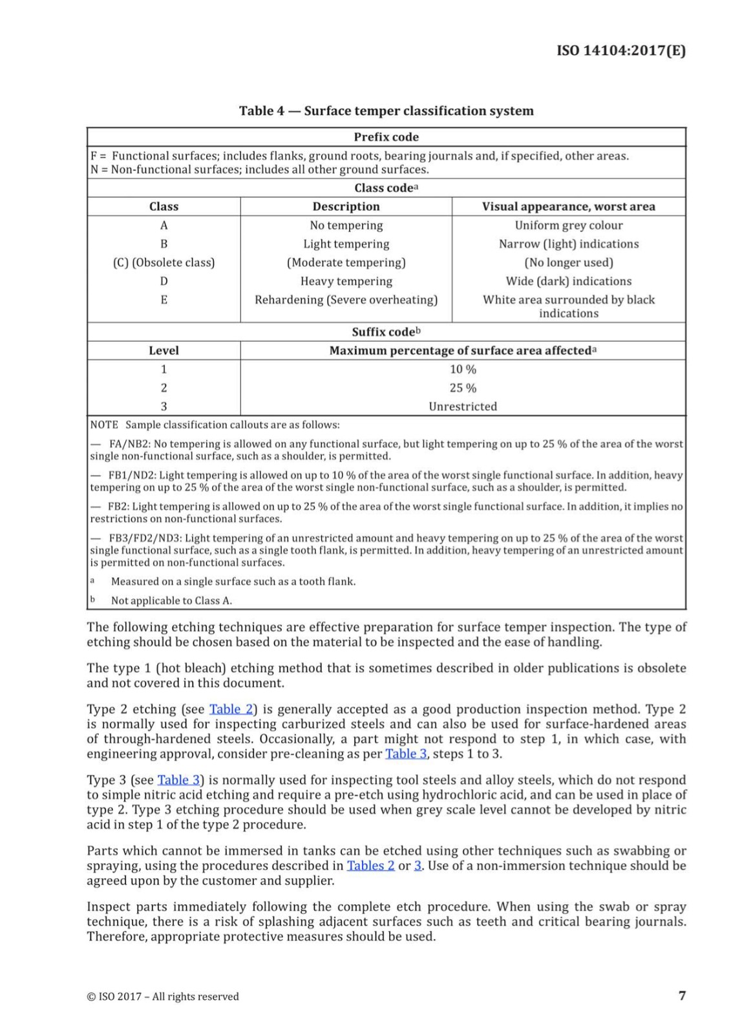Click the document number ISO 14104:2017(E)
click(620, 51)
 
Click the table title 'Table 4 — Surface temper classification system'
click(386, 111)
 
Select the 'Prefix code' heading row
click(386, 137)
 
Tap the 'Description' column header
click(346, 207)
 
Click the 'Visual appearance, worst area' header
click(568, 207)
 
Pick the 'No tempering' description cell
click(346, 226)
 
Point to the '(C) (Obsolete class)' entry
click(164, 263)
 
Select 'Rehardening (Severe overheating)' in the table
click(346, 300)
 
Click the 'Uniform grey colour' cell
click(568, 226)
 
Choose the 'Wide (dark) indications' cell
click(568, 282)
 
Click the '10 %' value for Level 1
click(463, 370)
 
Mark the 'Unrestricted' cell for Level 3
click(463, 407)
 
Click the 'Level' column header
click(164, 351)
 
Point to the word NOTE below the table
click(104, 425)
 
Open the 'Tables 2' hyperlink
click(370, 866)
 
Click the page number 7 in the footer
click(682, 996)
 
